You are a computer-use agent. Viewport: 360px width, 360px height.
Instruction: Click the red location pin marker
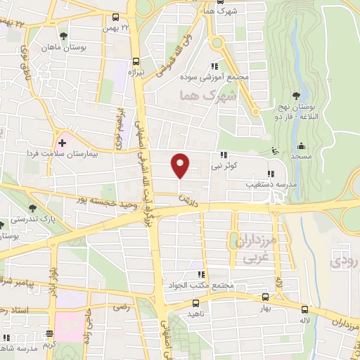(x=181, y=166)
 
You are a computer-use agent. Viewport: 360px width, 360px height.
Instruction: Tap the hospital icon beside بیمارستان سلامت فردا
(x=62, y=143)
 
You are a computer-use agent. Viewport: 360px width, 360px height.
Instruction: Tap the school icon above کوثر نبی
(x=224, y=155)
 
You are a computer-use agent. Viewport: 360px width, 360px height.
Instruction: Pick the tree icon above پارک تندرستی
(x=32, y=207)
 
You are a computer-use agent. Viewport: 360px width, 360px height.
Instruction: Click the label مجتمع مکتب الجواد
(x=198, y=286)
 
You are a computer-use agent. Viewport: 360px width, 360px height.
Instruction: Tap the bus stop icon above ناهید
(x=195, y=303)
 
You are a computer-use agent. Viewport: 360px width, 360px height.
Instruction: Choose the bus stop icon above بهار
(x=264, y=297)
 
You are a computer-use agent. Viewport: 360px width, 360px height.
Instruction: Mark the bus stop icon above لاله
(x=304, y=309)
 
